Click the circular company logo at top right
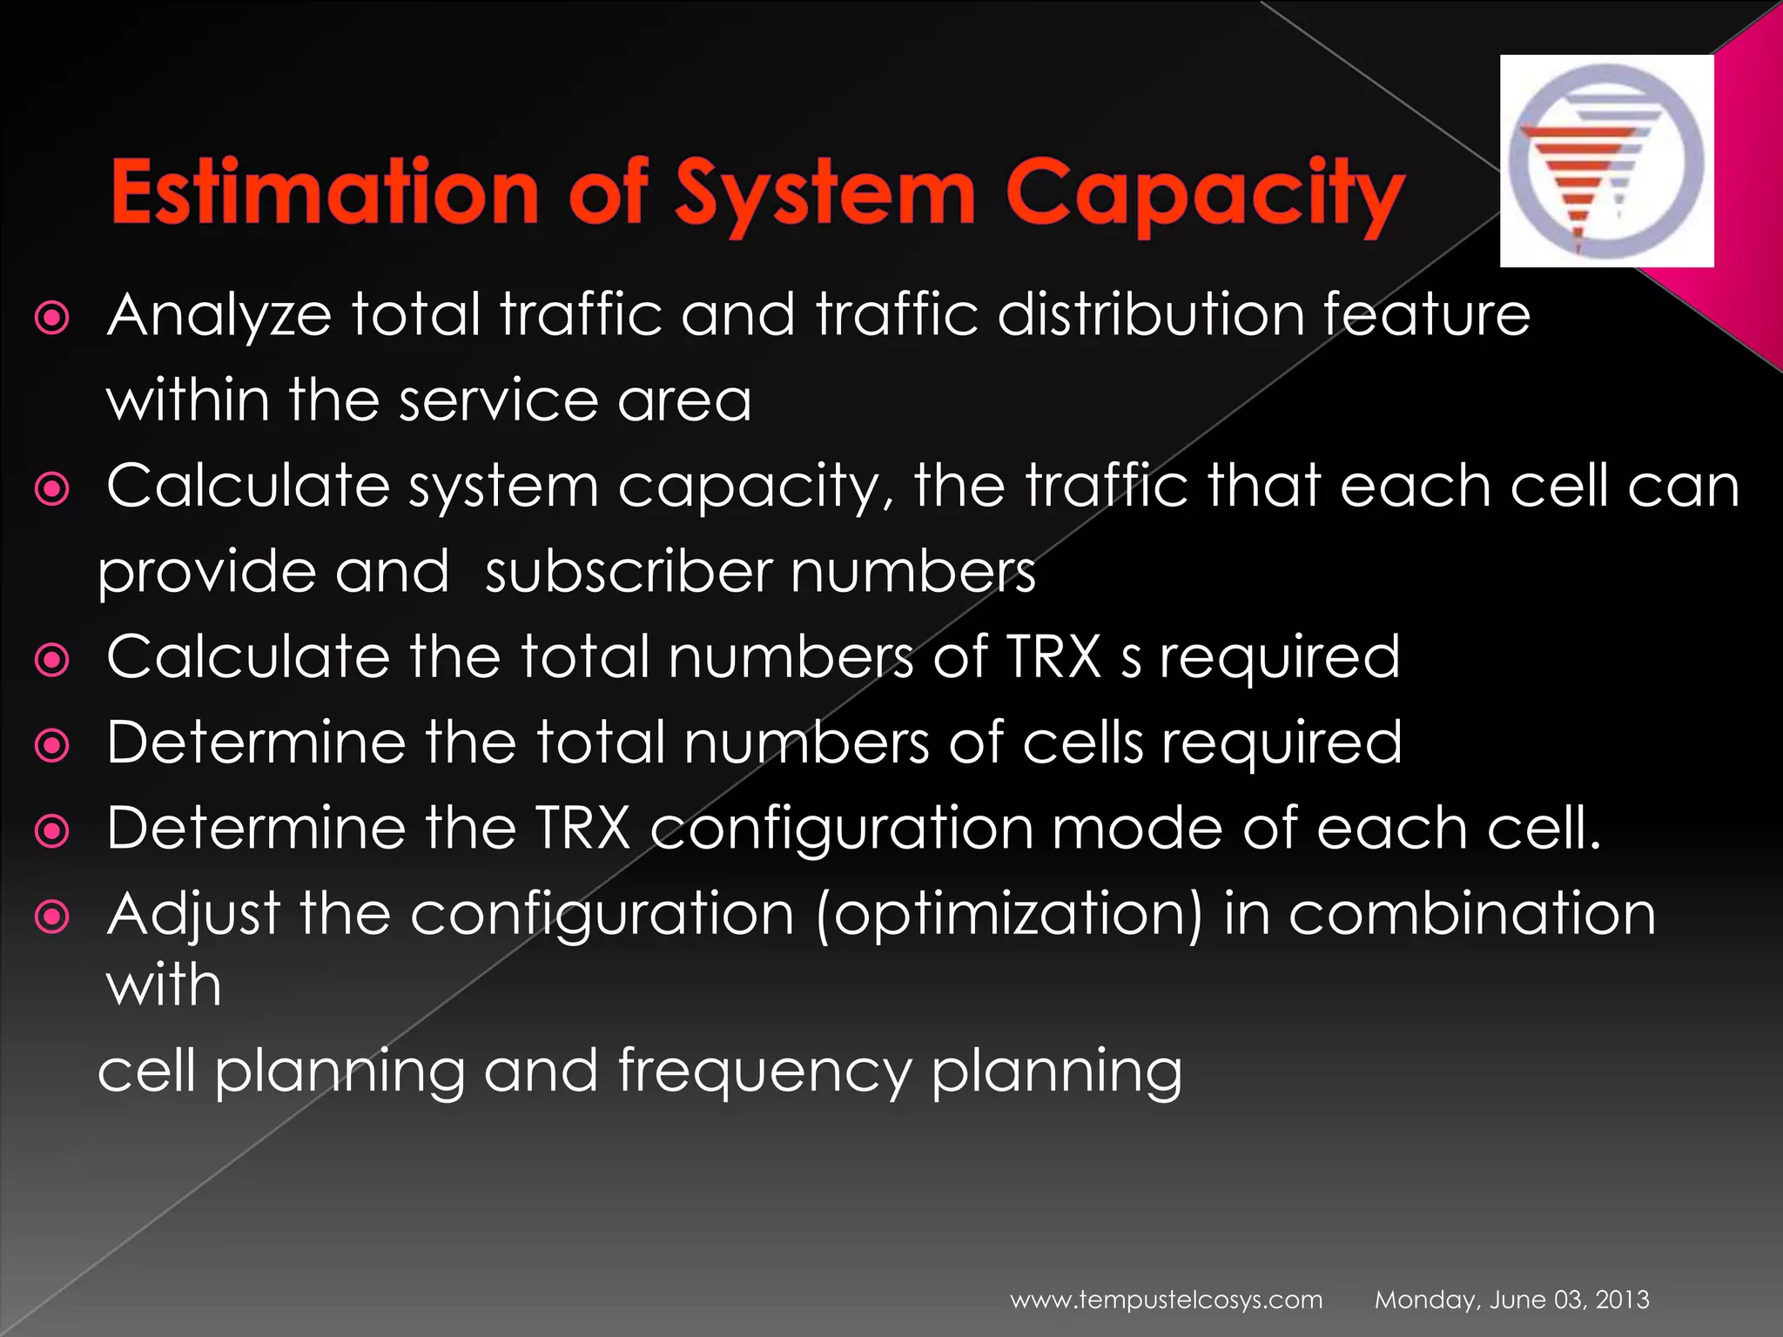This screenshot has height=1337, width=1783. tap(1606, 161)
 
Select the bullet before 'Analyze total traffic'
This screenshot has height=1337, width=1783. tap(52, 319)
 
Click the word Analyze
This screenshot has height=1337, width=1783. tap(219, 315)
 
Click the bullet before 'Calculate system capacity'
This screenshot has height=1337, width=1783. tap(52, 490)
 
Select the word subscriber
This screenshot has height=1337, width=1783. tap(628, 572)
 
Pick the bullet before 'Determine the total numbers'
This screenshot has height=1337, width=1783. tap(52, 746)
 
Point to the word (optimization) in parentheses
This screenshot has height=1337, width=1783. tap(1009, 916)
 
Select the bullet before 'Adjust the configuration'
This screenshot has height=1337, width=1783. tap(52, 917)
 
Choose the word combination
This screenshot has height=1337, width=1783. tap(1471, 914)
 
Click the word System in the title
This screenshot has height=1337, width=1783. tap(825, 193)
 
